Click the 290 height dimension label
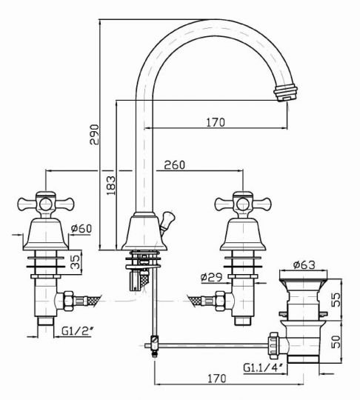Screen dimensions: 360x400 (94, 134)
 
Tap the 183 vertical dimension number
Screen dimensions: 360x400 (110, 185)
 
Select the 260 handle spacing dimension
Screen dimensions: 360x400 (175, 165)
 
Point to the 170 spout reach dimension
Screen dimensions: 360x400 (216, 122)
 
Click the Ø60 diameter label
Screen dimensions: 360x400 (81, 228)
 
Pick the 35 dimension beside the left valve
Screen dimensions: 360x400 (76, 261)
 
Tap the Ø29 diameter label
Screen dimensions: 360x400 (211, 277)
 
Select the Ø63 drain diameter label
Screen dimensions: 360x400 (304, 264)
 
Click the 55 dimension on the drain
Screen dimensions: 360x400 (336, 299)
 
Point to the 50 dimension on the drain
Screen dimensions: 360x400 (336, 341)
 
